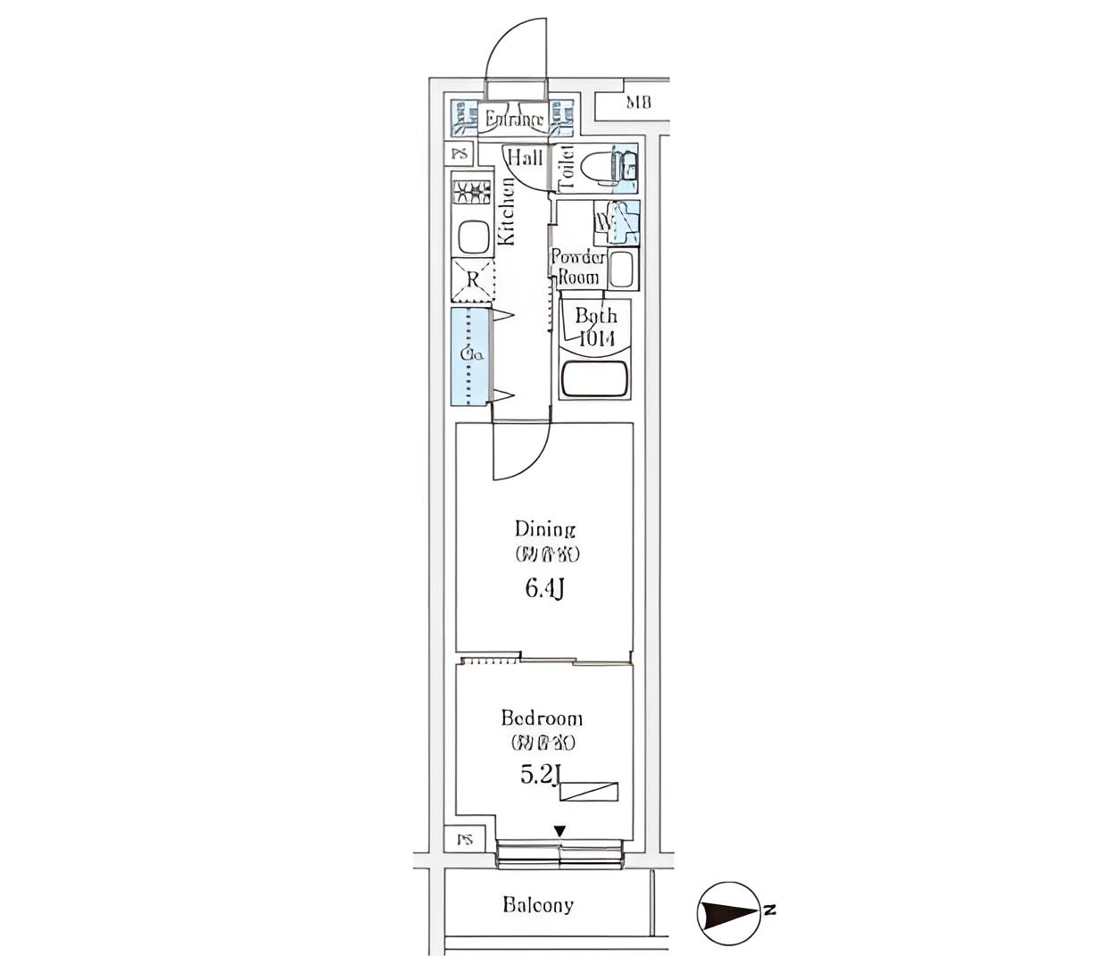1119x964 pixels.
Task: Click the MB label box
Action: [638, 103]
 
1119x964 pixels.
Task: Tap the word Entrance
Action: [514, 120]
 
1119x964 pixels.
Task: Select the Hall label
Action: [525, 158]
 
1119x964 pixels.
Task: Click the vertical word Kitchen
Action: [507, 211]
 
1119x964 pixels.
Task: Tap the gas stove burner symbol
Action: [473, 192]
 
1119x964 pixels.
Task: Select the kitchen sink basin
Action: [472, 238]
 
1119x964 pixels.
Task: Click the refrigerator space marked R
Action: [473, 279]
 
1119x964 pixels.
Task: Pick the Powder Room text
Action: [577, 267]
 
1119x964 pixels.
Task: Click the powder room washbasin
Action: [621, 269]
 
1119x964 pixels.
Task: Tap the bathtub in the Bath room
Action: [595, 380]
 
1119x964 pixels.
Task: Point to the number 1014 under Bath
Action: [596, 338]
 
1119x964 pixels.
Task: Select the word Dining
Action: [545, 528]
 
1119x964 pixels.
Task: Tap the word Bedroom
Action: [542, 718]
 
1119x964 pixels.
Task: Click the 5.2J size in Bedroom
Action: [540, 776]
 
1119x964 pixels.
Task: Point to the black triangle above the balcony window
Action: [559, 831]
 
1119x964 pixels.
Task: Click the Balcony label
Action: [538, 905]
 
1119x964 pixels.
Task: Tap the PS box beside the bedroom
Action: [465, 839]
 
